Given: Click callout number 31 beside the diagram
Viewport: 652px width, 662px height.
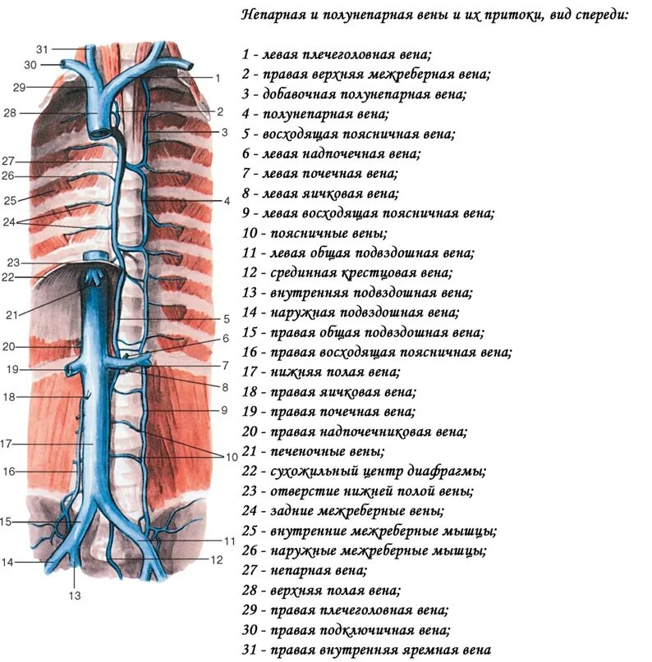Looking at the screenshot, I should pyautogui.click(x=43, y=49).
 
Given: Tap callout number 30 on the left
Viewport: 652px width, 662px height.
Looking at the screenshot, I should pyautogui.click(x=30, y=65).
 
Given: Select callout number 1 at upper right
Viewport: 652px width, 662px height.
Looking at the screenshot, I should pyautogui.click(x=219, y=78).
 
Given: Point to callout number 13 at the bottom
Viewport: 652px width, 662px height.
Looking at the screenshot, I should pyautogui.click(x=75, y=596).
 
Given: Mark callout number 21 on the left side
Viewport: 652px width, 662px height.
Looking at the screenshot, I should pyautogui.click(x=11, y=315).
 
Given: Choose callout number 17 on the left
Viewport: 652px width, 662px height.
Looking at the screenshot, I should pyautogui.click(x=6, y=444).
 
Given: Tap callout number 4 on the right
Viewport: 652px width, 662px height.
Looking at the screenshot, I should pyautogui.click(x=227, y=200).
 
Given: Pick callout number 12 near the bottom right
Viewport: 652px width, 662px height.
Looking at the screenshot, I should pyautogui.click(x=217, y=560).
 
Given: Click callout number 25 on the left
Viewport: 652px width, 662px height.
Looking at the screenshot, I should pyautogui.click(x=10, y=200).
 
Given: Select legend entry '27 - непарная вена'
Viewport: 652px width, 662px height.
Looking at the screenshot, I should pyautogui.click(x=305, y=570).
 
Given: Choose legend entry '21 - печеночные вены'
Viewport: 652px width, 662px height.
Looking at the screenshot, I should pyautogui.click(x=312, y=451).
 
